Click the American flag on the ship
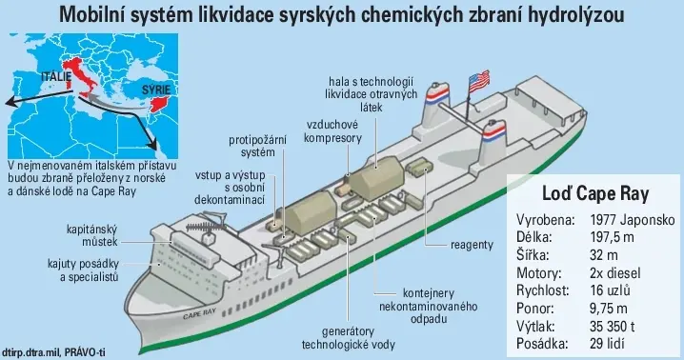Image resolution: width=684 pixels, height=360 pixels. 479,82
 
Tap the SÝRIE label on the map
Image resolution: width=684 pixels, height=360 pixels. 155,90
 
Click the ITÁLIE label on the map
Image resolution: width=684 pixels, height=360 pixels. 56,77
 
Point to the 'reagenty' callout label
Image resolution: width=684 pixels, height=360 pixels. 472,245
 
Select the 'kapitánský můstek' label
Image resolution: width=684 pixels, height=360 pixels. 92,235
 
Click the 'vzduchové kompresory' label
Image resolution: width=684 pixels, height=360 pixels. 332,131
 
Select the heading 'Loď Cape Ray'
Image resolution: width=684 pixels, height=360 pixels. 595,193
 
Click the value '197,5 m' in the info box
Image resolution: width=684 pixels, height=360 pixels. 612,237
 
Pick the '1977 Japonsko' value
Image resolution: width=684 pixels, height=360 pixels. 633,219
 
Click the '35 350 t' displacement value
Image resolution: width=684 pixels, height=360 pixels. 612,326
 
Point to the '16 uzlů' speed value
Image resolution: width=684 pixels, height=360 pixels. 610,290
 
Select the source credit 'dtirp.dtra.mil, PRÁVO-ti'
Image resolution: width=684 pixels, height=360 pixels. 53,351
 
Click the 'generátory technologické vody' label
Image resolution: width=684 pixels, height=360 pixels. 348,338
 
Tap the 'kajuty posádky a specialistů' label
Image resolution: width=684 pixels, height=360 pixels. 83,270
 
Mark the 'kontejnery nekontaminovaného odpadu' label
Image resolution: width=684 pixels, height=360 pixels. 428,306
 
